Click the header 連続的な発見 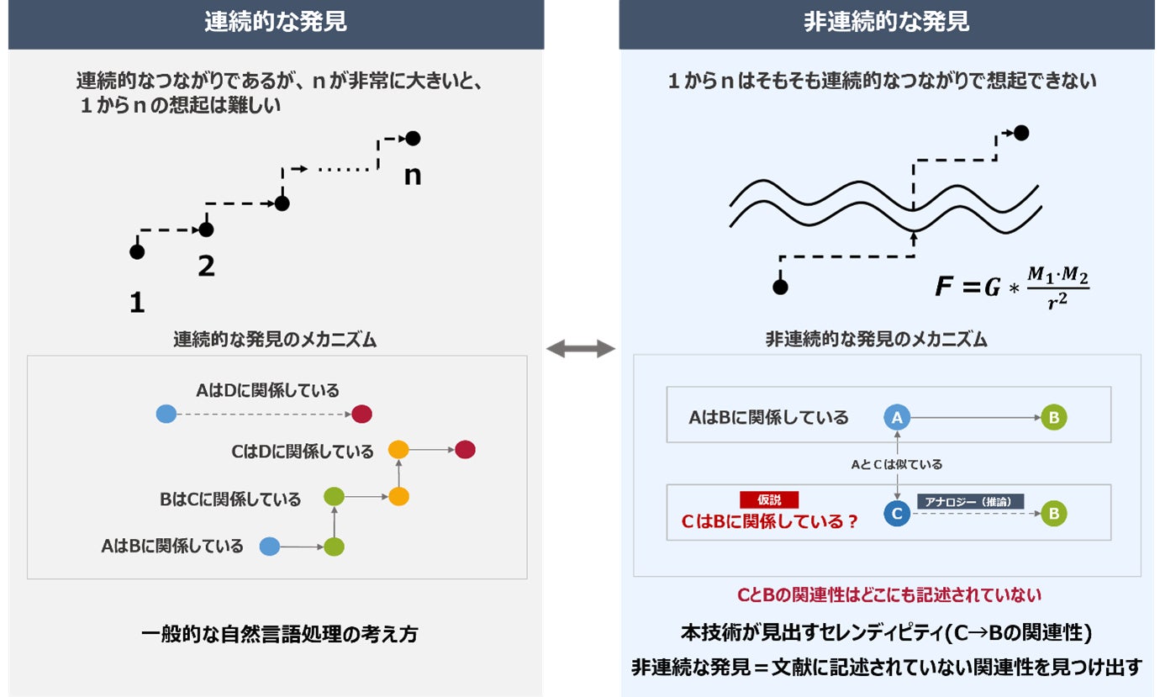[x=275, y=22]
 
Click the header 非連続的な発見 [x=886, y=22]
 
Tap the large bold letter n [x=413, y=177]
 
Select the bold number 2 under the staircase [x=206, y=267]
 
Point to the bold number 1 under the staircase [x=137, y=303]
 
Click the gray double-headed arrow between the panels [x=581, y=348]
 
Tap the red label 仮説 [x=769, y=499]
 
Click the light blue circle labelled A [x=897, y=417]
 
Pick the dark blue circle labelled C [x=897, y=514]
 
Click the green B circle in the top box [x=1054, y=417]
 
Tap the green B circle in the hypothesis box [x=1054, y=514]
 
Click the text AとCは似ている [x=897, y=464]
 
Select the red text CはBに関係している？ [x=769, y=521]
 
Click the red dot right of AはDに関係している [x=362, y=414]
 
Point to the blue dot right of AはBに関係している [x=269, y=547]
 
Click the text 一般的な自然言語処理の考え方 [x=279, y=634]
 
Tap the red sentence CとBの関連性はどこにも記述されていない [x=889, y=595]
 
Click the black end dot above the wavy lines [x=1021, y=133]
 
